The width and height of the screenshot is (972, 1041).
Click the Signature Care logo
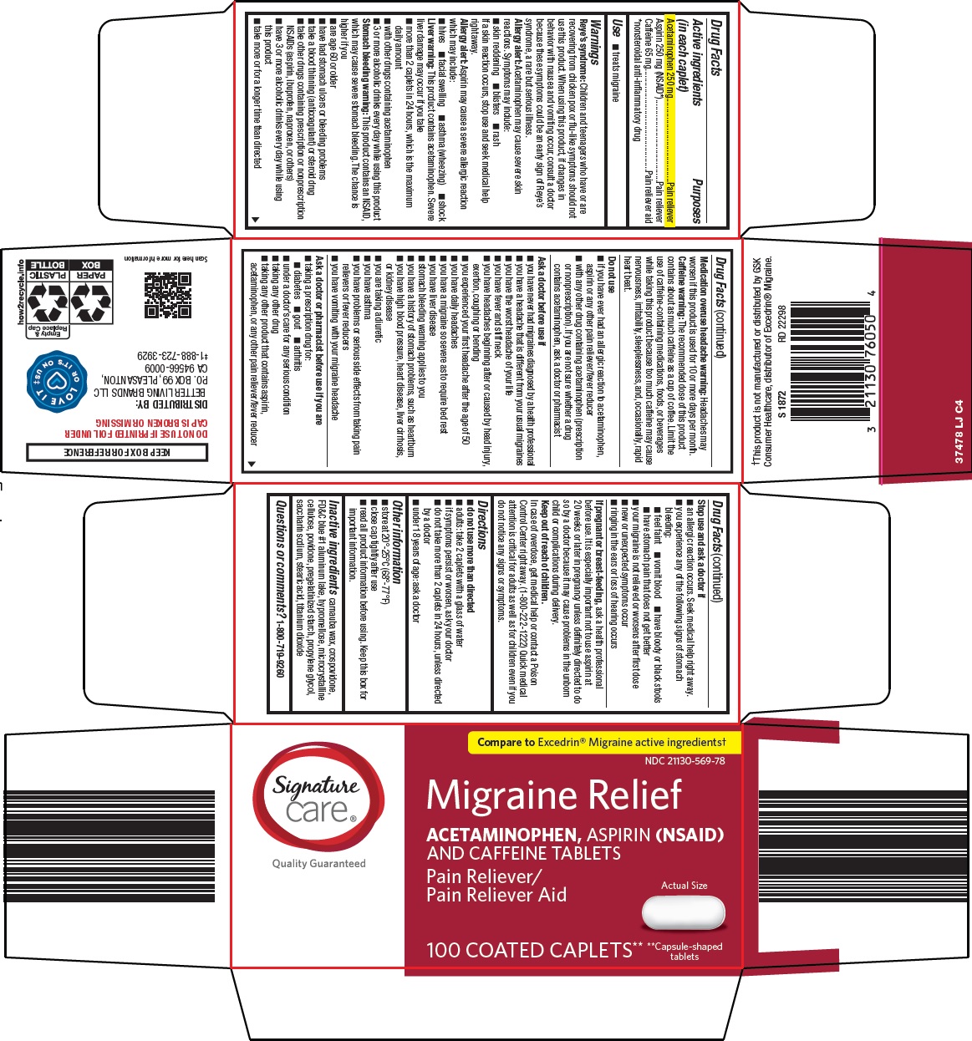pyautogui.click(x=318, y=798)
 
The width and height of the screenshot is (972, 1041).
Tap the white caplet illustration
pyautogui.click(x=684, y=912)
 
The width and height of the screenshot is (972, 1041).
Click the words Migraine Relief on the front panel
pyautogui.click(x=554, y=795)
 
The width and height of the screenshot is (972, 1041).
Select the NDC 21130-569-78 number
pyautogui.click(x=684, y=761)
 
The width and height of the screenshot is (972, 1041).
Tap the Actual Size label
pyautogui.click(x=684, y=885)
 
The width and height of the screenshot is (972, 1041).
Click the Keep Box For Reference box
pyautogui.click(x=116, y=452)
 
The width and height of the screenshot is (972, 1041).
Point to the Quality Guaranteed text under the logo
pyautogui.click(x=318, y=863)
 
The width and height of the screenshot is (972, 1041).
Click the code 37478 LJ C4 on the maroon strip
pyautogui.click(x=959, y=431)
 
